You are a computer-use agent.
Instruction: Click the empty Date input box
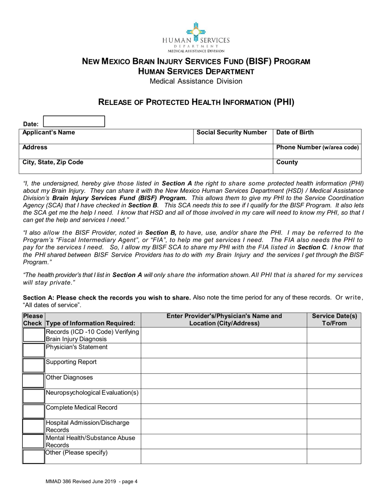tap(74, 122)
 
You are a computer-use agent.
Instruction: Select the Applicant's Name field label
tap(48, 133)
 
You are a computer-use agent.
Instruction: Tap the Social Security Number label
tap(232, 133)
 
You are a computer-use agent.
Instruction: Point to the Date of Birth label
tap(295, 133)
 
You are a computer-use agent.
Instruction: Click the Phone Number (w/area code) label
tap(317, 147)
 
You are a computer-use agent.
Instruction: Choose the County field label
tap(287, 162)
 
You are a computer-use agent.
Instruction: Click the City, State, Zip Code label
tap(53, 162)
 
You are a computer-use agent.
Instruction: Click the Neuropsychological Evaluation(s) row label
tap(92, 393)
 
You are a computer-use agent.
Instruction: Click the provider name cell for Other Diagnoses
tap(224, 381)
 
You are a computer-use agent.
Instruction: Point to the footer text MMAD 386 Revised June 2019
tap(91, 482)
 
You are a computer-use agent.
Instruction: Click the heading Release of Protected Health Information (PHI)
tap(196, 102)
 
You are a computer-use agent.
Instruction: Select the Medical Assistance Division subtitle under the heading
tap(196, 81)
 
